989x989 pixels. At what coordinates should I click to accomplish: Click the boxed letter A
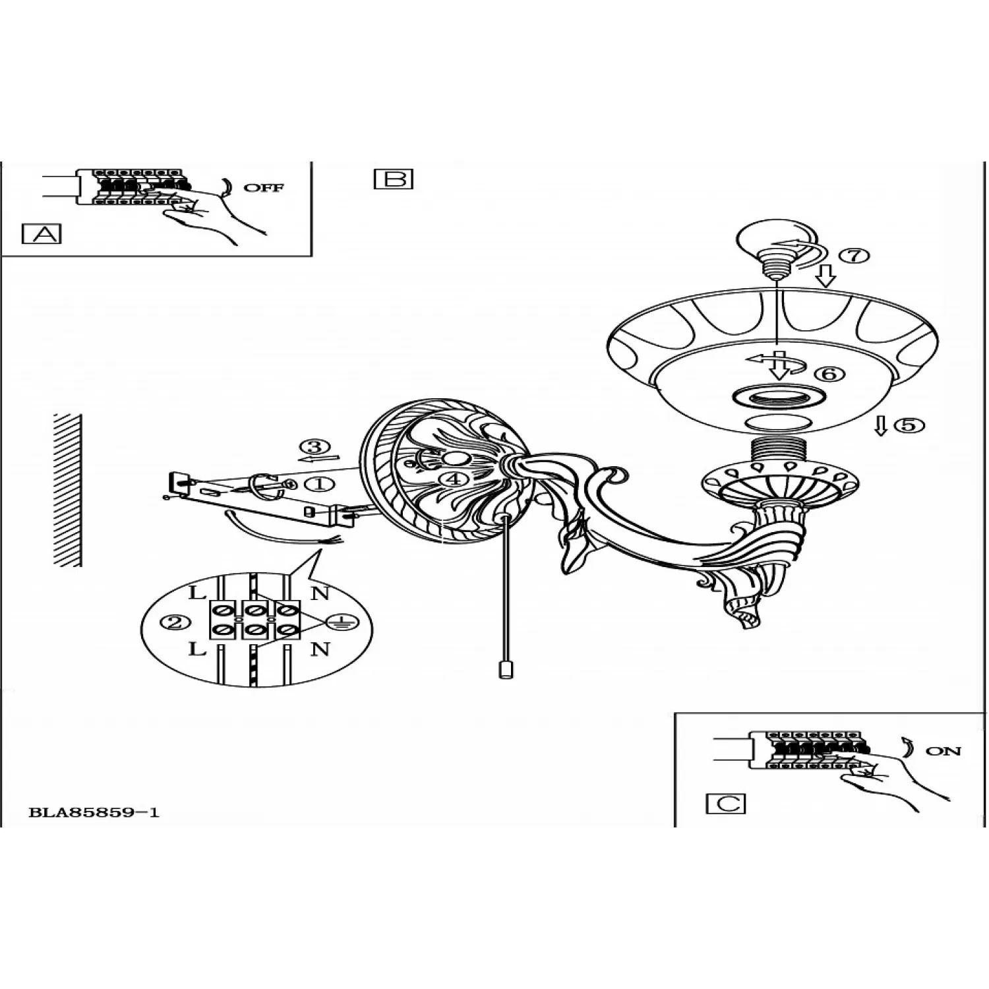[x=42, y=233]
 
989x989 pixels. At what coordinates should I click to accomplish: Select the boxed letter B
[x=394, y=179]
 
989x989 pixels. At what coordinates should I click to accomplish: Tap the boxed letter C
[x=725, y=804]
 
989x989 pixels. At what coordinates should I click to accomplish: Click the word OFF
[x=264, y=188]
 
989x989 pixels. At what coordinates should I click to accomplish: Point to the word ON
[x=944, y=751]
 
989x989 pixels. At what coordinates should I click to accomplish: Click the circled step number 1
[x=320, y=484]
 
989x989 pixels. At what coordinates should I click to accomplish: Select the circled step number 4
[x=453, y=479]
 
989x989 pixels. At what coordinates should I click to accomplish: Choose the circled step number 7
[x=855, y=255]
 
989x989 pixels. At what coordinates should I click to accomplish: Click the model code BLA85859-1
[x=94, y=812]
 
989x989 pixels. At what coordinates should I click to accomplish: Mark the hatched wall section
[x=67, y=490]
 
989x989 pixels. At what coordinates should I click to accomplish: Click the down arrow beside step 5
[x=881, y=425]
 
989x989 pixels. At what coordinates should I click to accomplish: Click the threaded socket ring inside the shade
[x=778, y=397]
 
